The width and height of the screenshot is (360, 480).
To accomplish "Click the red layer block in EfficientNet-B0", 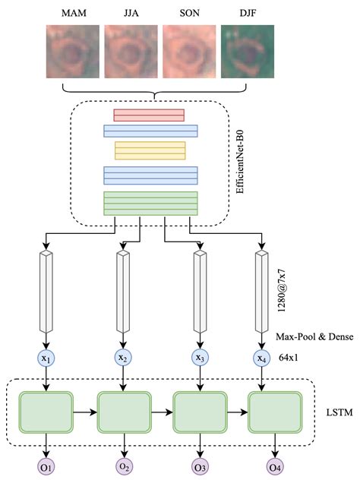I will tap(149, 115).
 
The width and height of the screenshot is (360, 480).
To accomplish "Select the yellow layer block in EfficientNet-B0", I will tap(150, 150).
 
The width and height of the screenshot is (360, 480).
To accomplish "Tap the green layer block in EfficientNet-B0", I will tap(150, 204).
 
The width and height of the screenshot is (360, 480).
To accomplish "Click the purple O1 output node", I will tap(47, 466).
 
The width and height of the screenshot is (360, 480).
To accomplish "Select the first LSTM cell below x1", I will tap(47, 412).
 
